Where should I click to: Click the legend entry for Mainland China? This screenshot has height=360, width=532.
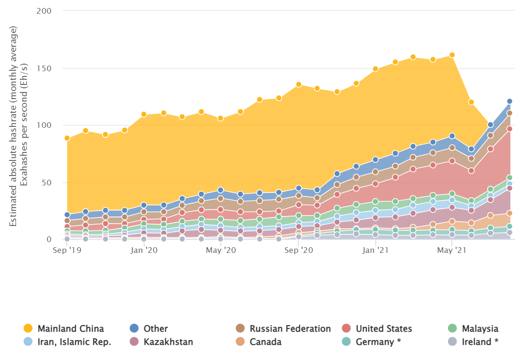tap(64, 328)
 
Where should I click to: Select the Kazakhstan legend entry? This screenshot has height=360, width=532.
tap(163, 342)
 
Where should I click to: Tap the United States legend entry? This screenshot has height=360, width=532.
tap(377, 328)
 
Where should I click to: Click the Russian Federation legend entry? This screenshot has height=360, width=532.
tap(284, 328)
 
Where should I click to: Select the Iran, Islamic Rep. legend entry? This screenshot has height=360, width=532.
tap(68, 342)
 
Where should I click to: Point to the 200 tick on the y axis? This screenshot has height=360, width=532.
tap(43, 11)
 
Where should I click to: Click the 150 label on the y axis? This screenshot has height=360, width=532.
tap(43, 68)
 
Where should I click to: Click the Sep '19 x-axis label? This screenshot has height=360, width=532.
tap(67, 250)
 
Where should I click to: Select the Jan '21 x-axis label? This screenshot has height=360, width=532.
tap(375, 250)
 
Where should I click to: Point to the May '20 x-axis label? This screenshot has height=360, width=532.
tap(221, 250)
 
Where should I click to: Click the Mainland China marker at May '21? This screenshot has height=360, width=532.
tap(452, 55)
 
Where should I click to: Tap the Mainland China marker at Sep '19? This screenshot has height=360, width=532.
tap(67, 138)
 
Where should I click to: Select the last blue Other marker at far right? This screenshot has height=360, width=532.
tap(509, 101)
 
